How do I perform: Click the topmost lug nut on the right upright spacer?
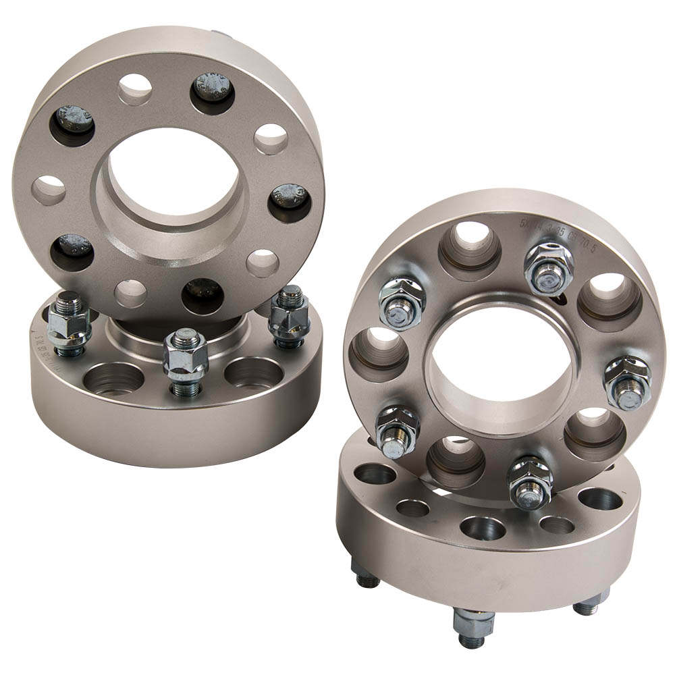[x=548, y=268]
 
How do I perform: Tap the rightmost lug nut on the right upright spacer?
[x=627, y=381]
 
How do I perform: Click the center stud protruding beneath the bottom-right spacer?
[x=470, y=624]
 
